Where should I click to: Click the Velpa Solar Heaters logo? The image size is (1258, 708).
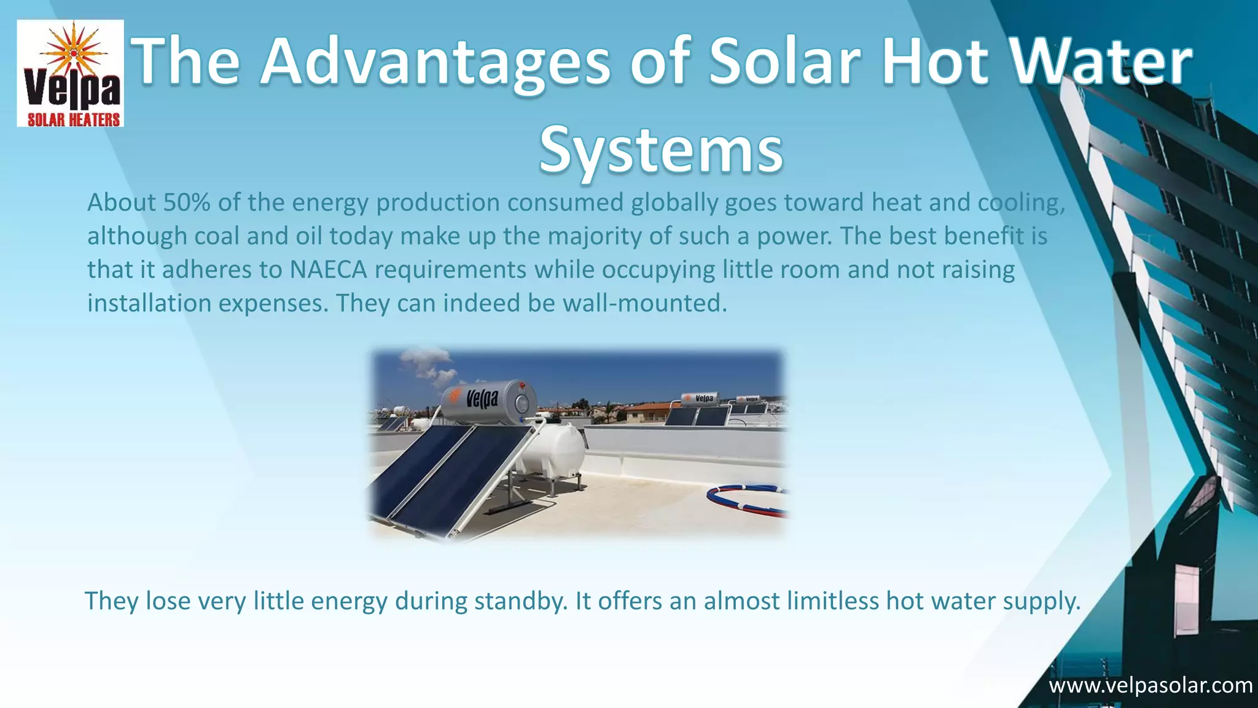coord(70,73)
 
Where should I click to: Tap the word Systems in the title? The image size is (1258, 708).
coord(661,149)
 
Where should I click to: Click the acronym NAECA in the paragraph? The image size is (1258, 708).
coord(328,270)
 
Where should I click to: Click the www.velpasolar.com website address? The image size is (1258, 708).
coord(1150,685)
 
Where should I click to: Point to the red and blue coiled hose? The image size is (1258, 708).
coord(746,498)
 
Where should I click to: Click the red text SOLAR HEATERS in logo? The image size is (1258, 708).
coord(73,119)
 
